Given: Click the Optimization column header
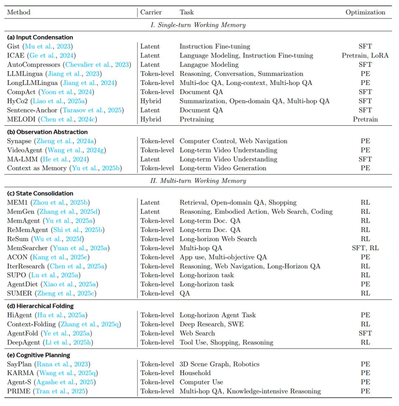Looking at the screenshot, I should [365, 12].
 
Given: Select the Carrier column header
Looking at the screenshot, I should [151, 12].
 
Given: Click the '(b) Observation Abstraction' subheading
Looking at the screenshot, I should [47, 132].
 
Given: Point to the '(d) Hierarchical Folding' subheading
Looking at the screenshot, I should [40, 306].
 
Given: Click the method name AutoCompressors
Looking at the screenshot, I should [34, 65].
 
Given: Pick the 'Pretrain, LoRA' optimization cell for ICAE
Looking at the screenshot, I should [365, 55].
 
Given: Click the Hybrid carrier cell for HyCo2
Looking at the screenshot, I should [150, 101].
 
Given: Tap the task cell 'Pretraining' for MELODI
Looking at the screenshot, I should [197, 119].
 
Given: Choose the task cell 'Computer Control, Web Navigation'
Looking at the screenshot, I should [233, 141].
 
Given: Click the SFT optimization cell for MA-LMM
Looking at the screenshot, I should [365, 159].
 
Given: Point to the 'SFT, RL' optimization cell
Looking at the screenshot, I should [365, 248].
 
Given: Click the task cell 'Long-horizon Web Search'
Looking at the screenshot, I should [218, 239].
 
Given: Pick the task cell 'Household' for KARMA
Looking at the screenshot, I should [195, 373].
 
